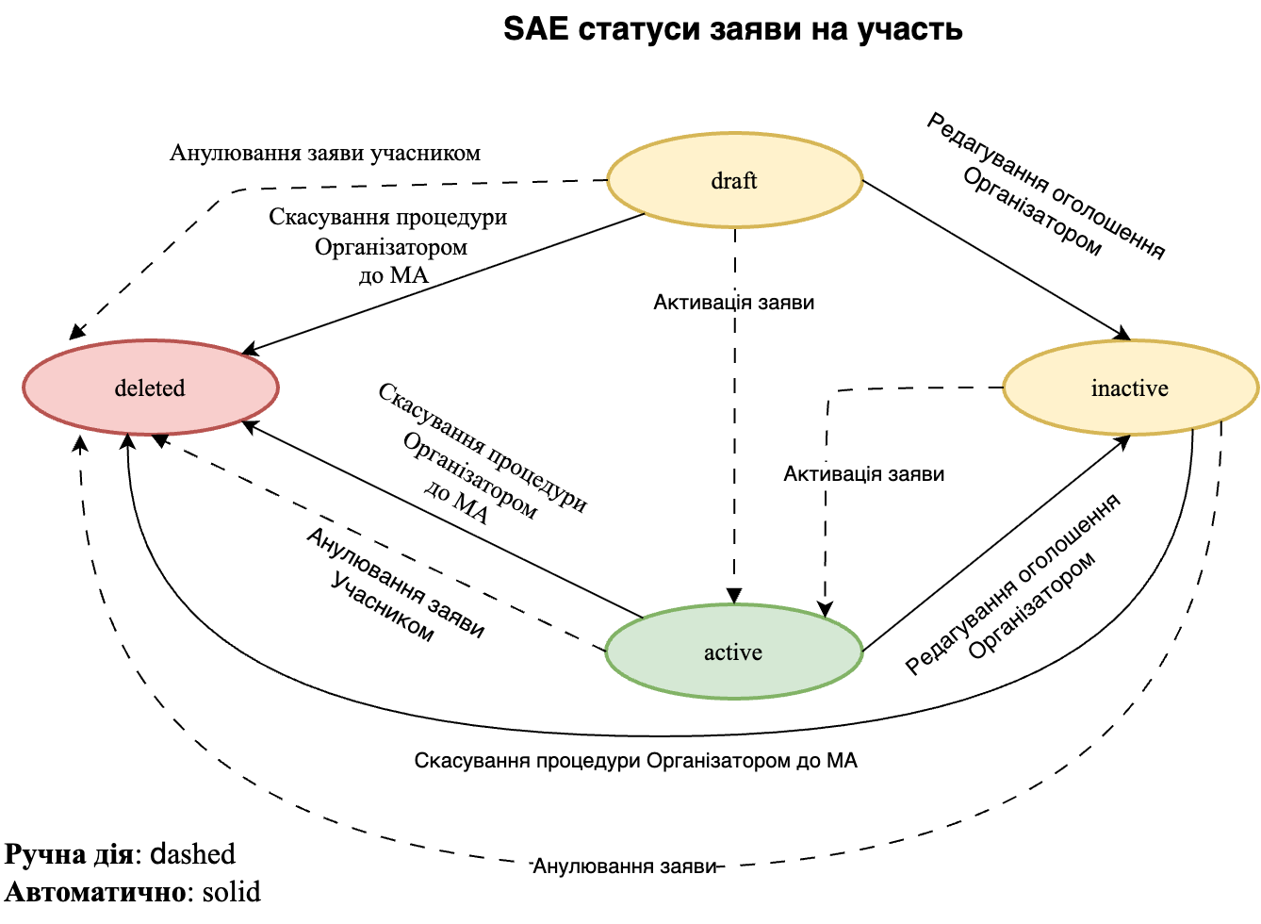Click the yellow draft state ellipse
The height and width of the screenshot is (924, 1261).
(x=734, y=180)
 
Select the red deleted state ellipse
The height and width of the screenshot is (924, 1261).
(x=150, y=388)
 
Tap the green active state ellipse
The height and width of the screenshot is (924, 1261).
(x=733, y=652)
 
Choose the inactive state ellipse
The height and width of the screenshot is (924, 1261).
(x=1130, y=388)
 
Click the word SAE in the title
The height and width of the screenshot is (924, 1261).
(x=535, y=29)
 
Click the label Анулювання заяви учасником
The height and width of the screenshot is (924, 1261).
(x=325, y=153)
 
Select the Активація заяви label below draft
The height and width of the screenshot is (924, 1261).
(x=734, y=303)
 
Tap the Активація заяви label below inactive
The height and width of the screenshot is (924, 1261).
(x=863, y=474)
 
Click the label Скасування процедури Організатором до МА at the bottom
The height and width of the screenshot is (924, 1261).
(x=636, y=761)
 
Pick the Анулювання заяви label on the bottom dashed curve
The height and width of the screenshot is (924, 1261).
(x=626, y=866)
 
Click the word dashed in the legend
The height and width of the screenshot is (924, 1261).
(x=193, y=854)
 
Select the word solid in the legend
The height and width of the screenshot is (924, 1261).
(x=232, y=892)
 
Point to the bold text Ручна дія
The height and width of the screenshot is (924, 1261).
(x=69, y=854)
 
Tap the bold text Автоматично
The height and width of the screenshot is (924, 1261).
(x=93, y=892)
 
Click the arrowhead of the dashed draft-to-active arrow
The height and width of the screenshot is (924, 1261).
(x=734, y=596)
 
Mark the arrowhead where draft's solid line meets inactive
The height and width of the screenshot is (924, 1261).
(x=1122, y=334)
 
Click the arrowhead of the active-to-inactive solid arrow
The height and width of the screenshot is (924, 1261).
(x=1123, y=440)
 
